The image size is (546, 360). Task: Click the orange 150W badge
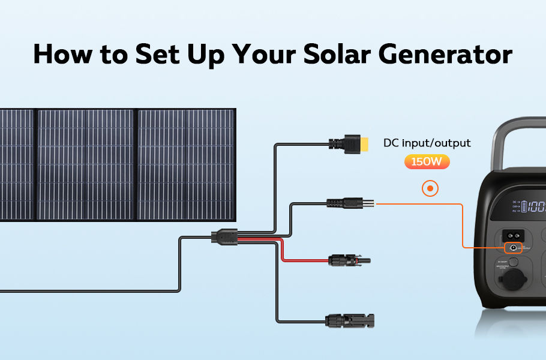(427, 162)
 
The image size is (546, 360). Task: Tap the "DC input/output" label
(427, 143)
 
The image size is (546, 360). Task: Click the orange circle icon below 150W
(430, 189)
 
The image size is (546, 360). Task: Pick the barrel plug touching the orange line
(351, 204)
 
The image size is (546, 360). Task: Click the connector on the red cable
(349, 261)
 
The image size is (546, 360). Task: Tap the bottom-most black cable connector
(348, 319)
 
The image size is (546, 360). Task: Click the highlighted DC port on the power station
(513, 248)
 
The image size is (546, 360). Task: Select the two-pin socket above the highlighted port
(513, 234)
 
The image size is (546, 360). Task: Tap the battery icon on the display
(524, 207)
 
